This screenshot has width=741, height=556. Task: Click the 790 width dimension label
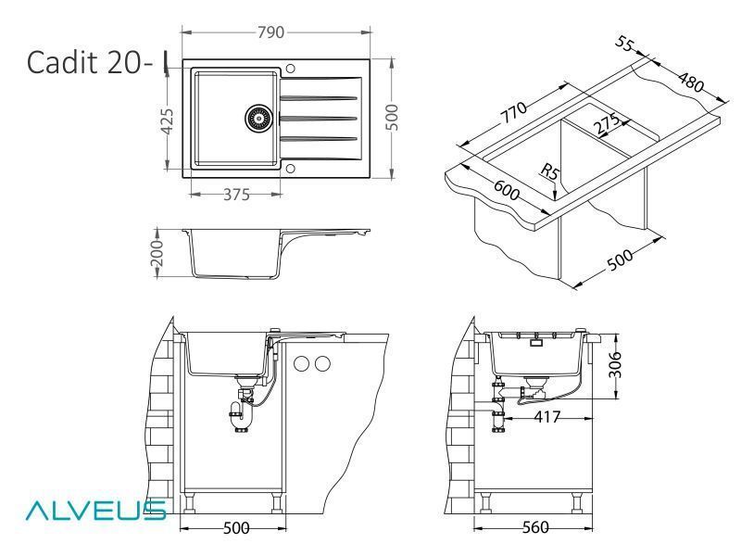(270, 32)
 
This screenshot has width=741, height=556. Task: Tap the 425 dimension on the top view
(167, 120)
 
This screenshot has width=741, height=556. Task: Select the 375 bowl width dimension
(236, 195)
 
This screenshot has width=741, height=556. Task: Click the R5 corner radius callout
(549, 171)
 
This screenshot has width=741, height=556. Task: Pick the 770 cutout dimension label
(514, 111)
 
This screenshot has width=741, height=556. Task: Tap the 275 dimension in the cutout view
(608, 124)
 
